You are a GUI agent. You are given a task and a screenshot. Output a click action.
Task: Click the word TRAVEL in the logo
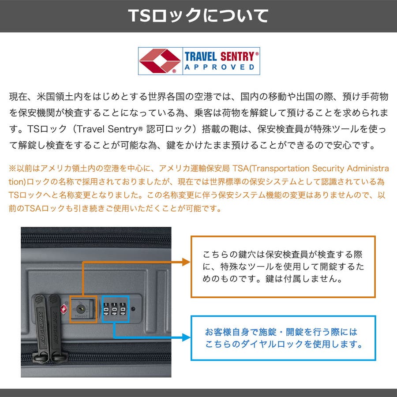[201, 56]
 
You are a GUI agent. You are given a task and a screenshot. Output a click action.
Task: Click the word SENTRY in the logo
[237, 56]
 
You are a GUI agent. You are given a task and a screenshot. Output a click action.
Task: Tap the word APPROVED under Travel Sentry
[220, 67]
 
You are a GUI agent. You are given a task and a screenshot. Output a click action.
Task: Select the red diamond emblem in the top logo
[160, 61]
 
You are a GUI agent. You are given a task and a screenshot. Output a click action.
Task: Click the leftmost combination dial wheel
[106, 309]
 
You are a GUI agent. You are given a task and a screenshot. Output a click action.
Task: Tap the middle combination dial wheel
[114, 309]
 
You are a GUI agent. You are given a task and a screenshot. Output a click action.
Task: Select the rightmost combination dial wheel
[123, 309]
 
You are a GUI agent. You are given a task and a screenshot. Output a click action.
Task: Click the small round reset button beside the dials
[133, 309]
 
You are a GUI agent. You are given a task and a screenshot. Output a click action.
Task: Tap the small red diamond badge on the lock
[64, 309]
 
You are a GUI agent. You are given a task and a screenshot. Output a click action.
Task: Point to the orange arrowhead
[186, 262]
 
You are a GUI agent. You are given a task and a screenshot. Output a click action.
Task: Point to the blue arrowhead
[186, 337]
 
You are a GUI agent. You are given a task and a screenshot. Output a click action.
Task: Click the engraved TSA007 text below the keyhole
[81, 316]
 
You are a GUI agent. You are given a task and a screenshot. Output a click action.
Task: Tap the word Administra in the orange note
[368, 169]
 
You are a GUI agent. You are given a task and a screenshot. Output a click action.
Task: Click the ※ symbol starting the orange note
[12, 169]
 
